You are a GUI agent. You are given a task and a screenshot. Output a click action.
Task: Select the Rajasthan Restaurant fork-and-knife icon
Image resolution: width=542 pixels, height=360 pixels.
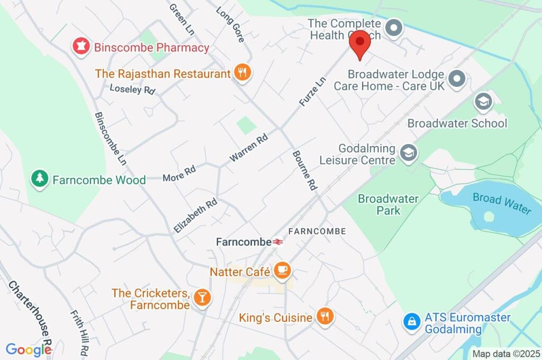pyautogui.click(x=242, y=73)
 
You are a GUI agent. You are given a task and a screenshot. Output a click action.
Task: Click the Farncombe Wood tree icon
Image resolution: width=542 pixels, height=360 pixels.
pyautogui.click(x=39, y=178)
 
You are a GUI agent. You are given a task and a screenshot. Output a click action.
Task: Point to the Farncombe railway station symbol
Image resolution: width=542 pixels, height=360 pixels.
pyautogui.click(x=278, y=242)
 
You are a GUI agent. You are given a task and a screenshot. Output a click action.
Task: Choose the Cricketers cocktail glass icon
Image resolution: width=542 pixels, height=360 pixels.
pyautogui.click(x=202, y=298)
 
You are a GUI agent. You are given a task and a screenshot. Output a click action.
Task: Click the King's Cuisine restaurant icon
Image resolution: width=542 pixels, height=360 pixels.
pyautogui.click(x=324, y=317)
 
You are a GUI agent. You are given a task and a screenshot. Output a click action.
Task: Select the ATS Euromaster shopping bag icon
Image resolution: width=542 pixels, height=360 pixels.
pyautogui.click(x=411, y=321)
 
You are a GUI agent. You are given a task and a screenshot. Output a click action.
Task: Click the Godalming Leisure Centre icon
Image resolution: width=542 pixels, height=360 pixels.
pyautogui.click(x=409, y=154)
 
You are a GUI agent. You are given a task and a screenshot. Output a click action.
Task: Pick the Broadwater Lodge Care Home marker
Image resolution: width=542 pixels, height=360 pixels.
pyautogui.click(x=456, y=79)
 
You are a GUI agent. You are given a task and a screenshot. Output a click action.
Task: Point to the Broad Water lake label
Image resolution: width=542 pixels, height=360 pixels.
pyautogui.click(x=502, y=203)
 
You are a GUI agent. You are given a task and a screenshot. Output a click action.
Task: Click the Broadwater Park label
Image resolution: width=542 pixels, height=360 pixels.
pyautogui.click(x=388, y=205)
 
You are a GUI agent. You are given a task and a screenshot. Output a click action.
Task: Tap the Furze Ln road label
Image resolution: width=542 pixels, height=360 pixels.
pyautogui.click(x=312, y=92)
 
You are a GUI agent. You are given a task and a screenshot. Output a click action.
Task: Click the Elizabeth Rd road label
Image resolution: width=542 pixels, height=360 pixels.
pyautogui.click(x=195, y=216)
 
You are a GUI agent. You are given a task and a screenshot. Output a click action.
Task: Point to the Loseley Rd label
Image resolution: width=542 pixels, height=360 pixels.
pyautogui.click(x=132, y=89)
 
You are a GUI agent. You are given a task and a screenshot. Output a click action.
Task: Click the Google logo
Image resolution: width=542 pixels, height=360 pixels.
pyautogui.click(x=29, y=349)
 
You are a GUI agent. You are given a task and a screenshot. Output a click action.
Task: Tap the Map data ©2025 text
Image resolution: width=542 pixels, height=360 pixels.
pyautogui.click(x=506, y=354)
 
